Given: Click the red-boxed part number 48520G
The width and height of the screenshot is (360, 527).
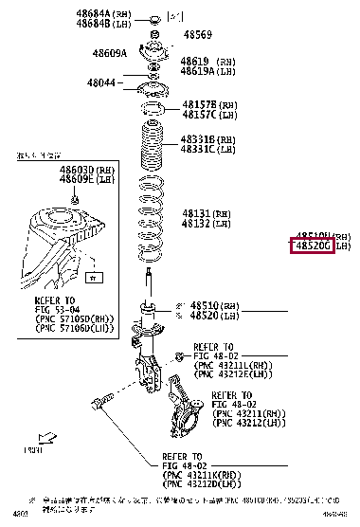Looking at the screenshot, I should pos(311,246).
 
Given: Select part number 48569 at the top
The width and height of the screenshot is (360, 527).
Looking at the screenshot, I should pos(197,34).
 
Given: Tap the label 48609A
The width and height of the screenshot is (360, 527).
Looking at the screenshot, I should pos(109,53).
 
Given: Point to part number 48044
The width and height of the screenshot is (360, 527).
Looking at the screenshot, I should pos(101,82).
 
